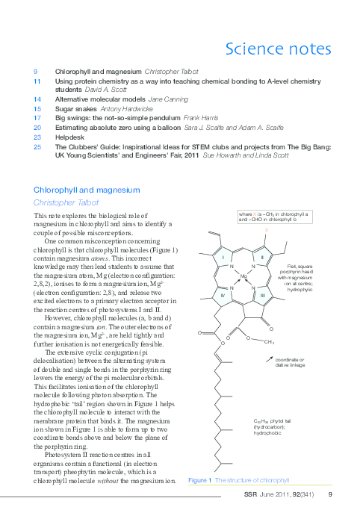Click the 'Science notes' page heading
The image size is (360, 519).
coord(278,50)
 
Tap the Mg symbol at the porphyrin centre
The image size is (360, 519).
coord(243,277)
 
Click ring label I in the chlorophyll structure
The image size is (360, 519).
coord(223,258)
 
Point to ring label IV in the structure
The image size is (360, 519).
coord(223,296)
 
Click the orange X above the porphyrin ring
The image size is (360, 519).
coord(266,230)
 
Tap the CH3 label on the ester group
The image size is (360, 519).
coord(269,342)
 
